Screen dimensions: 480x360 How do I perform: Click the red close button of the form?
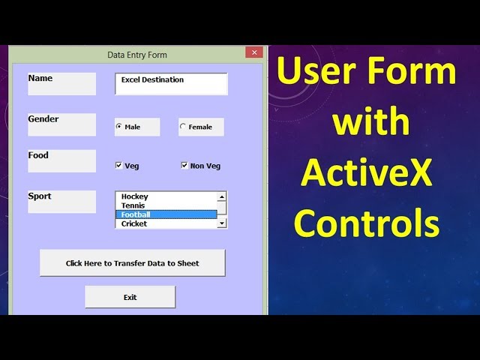(254, 52)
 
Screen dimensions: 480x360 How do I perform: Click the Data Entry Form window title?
(137, 55)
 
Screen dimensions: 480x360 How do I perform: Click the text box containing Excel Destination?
(171, 84)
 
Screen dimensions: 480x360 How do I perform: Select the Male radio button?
(118, 126)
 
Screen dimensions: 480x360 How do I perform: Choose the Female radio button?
(183, 126)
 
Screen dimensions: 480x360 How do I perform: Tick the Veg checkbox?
(118, 165)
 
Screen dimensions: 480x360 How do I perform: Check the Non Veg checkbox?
(184, 165)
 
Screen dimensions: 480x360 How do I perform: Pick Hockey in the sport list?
(135, 196)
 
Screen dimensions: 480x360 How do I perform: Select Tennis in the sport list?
(133, 205)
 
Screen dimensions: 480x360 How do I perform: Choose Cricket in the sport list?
(134, 223)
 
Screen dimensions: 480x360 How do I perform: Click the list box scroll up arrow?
(222, 196)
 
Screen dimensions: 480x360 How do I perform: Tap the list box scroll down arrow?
(222, 223)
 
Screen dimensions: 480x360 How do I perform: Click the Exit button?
(130, 297)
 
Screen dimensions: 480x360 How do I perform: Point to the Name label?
(40, 78)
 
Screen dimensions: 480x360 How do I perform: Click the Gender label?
(43, 118)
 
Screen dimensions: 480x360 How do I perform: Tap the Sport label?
(40, 196)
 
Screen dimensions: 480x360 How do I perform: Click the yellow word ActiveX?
(366, 172)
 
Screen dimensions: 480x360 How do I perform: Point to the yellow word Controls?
(367, 223)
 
